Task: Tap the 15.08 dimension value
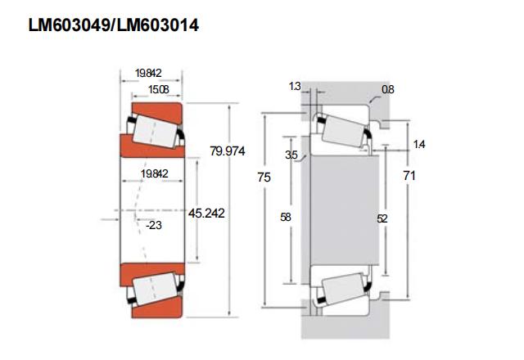157,88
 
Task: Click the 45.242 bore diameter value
206,213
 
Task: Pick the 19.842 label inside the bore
154,174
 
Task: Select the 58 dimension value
286,218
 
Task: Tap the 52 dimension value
382,218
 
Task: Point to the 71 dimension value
410,176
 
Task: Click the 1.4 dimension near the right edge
419,145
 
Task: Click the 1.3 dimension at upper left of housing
295,86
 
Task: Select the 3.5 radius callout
291,155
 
